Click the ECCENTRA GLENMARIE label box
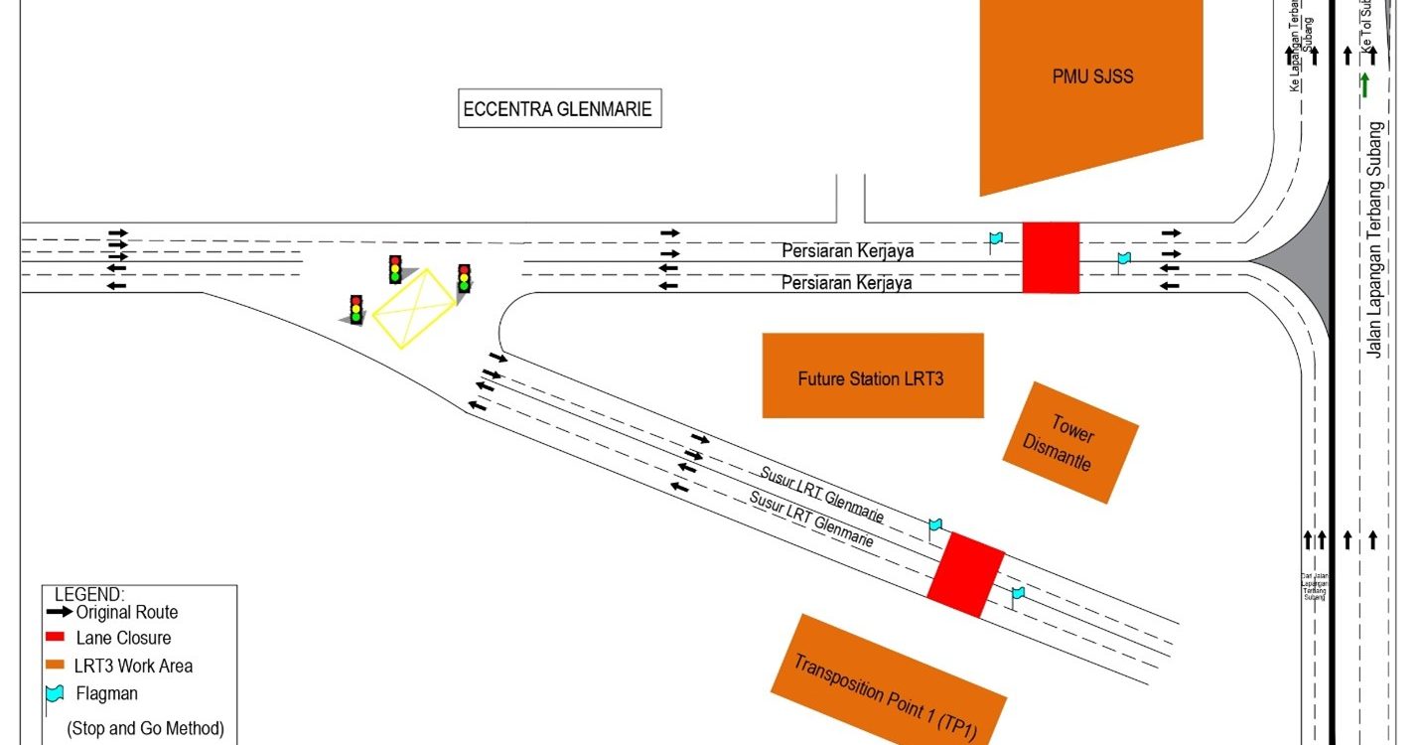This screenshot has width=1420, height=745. (x=559, y=109)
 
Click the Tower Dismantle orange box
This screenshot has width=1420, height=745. (x=1070, y=442)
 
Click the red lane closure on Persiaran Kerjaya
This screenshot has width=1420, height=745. (x=1051, y=257)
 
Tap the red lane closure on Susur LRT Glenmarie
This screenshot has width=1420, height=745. (x=965, y=575)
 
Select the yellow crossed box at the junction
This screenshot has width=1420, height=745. (x=414, y=308)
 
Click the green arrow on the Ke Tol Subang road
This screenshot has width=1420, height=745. (x=1365, y=85)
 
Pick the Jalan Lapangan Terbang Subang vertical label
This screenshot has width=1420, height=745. (x=1375, y=238)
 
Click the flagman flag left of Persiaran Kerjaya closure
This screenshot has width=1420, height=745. (x=995, y=239)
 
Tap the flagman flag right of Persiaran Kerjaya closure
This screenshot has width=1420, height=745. (x=1123, y=260)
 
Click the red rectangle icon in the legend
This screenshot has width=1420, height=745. (x=56, y=637)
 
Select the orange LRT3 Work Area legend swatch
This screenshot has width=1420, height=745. (x=56, y=665)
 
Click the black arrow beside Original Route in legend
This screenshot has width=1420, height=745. (x=59, y=612)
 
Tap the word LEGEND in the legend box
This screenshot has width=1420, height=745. (x=89, y=593)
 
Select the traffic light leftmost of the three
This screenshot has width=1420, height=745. (x=355, y=309)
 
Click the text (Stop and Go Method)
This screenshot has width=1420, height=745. (x=145, y=728)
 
